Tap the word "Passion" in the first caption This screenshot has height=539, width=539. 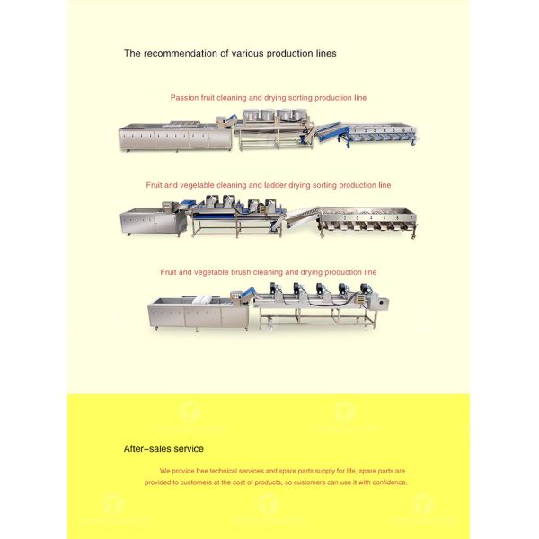[x=184, y=97]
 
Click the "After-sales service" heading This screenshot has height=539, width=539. [x=163, y=448]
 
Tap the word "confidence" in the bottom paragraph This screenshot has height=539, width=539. [x=386, y=482]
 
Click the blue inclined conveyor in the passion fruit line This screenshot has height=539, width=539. [x=327, y=132]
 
